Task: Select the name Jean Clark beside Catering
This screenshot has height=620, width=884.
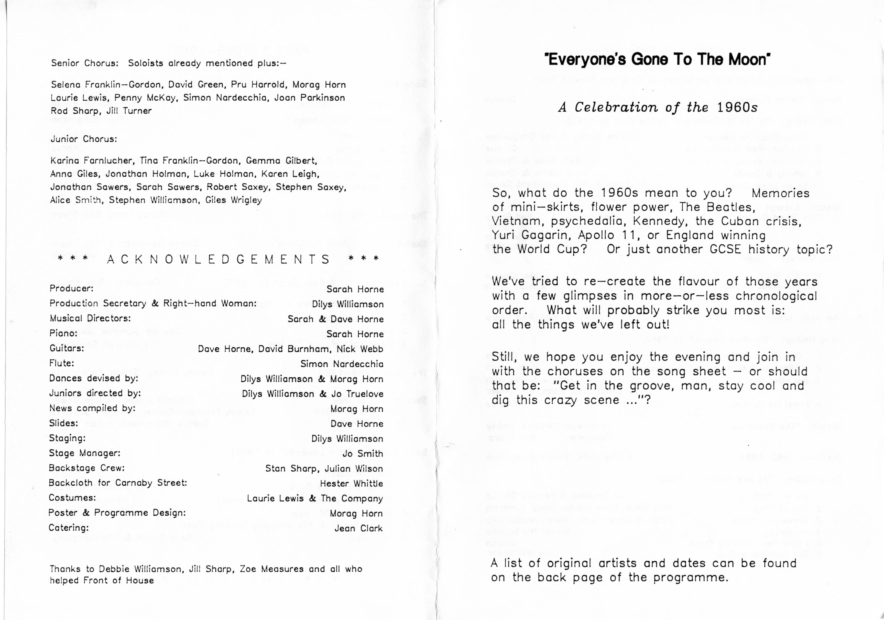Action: tap(358, 528)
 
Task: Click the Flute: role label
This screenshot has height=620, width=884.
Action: tap(62, 363)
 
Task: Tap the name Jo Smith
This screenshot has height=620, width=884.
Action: tap(363, 454)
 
